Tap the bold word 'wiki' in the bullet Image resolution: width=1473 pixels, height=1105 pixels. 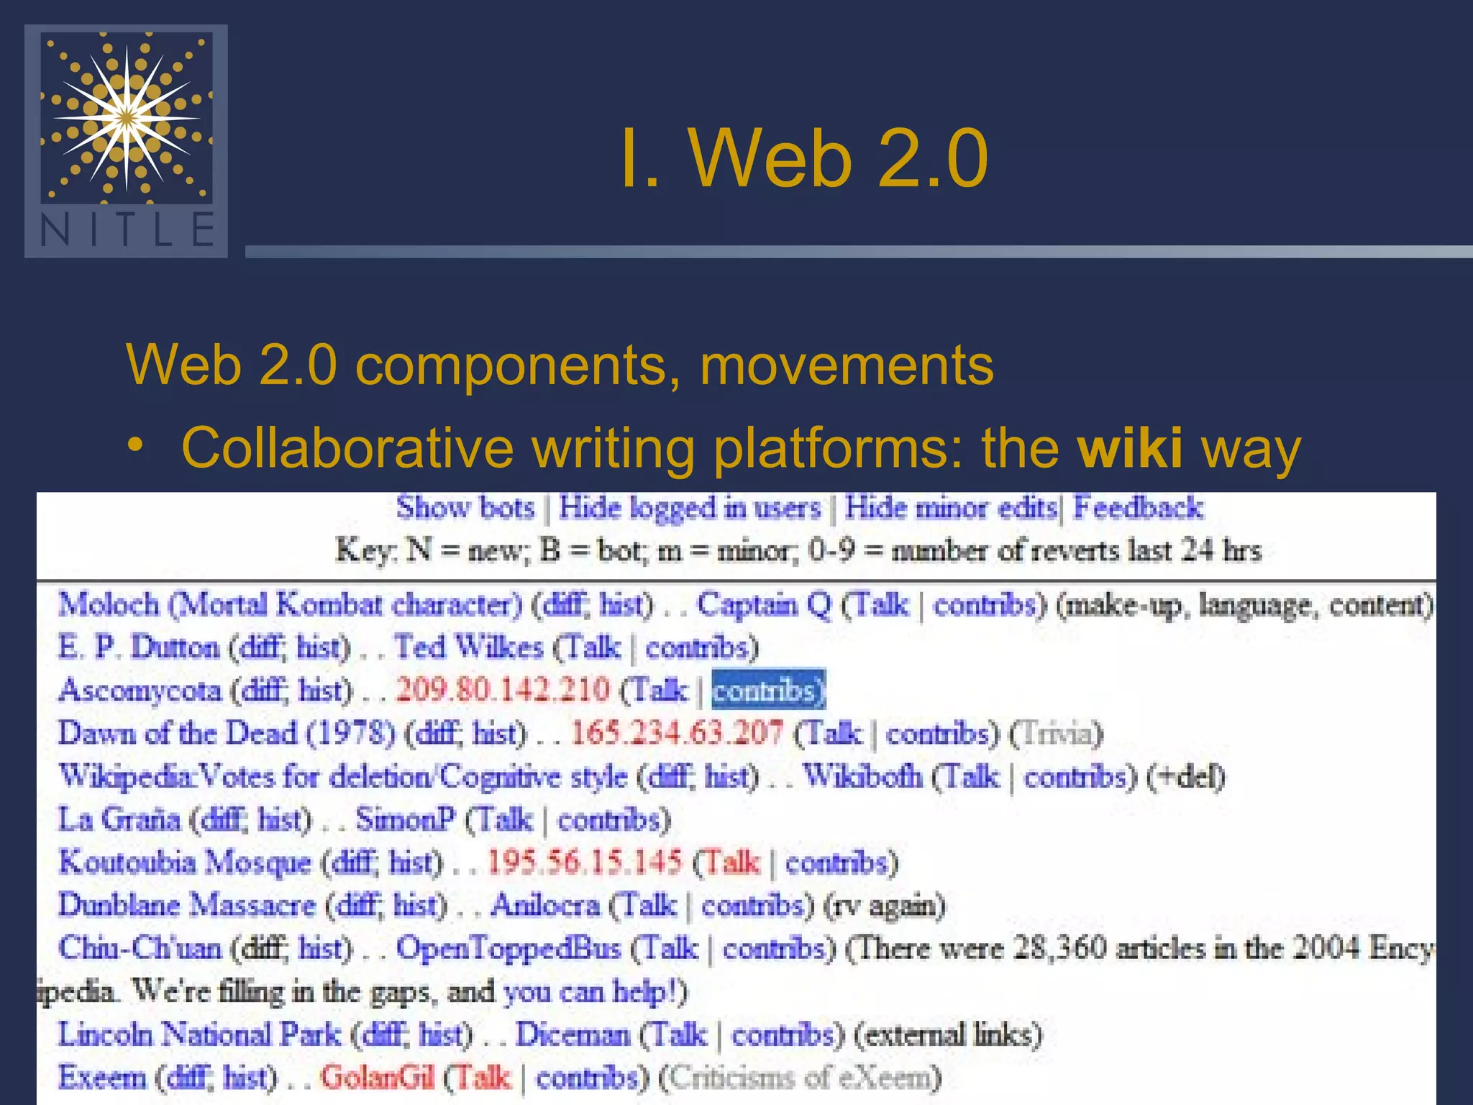pyautogui.click(x=1129, y=448)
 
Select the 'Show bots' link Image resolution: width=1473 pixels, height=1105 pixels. pyautogui.click(x=465, y=508)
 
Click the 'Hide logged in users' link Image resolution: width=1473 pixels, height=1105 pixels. pyautogui.click(x=690, y=508)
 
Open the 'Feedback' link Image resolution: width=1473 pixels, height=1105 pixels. pyautogui.click(x=1138, y=508)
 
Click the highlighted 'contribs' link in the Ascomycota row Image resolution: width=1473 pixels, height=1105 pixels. pyautogui.click(x=767, y=690)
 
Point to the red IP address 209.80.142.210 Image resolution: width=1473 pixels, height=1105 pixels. pyautogui.click(x=503, y=690)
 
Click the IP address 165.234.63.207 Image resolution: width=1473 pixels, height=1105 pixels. pyautogui.click(x=677, y=733)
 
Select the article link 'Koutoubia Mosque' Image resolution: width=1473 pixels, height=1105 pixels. pyautogui.click(x=185, y=862)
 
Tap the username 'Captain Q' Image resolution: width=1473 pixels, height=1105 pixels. pyautogui.click(x=764, y=604)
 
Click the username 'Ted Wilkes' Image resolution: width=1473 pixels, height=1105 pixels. pyautogui.click(x=468, y=647)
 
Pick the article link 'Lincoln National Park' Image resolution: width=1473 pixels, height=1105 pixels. pyautogui.click(x=199, y=1034)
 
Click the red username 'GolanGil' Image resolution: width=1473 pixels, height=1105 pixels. pyautogui.click(x=378, y=1078)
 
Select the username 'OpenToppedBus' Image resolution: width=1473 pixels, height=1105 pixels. pyautogui.click(x=509, y=948)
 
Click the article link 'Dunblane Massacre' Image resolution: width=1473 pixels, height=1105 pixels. pyautogui.click(x=187, y=905)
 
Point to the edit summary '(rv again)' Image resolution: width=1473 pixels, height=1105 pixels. pyautogui.click(x=884, y=905)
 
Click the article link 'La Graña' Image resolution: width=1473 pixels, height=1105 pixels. pyautogui.click(x=119, y=819)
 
